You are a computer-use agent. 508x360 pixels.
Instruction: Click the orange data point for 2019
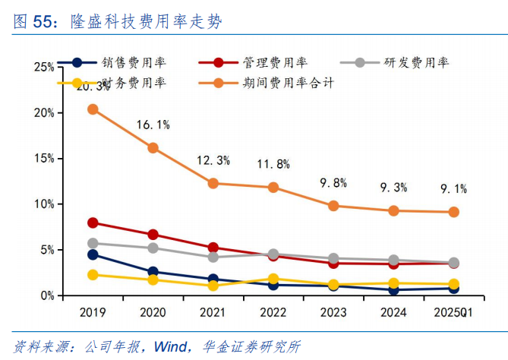[x=93, y=109]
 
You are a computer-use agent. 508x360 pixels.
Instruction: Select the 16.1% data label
[x=153, y=125]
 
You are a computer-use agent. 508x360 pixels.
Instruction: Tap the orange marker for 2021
[x=213, y=183]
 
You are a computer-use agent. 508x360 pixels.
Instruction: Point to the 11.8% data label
[x=273, y=163]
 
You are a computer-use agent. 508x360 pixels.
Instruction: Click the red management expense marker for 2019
[x=93, y=223]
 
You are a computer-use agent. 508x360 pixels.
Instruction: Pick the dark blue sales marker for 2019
[x=93, y=254]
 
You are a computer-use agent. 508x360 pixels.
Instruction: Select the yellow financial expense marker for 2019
[x=93, y=275]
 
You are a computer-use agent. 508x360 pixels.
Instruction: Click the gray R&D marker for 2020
[x=153, y=248]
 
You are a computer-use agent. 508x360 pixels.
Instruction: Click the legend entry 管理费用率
[x=263, y=63]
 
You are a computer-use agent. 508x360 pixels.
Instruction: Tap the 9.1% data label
[x=454, y=188]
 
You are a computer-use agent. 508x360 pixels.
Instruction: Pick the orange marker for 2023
[x=333, y=206]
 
